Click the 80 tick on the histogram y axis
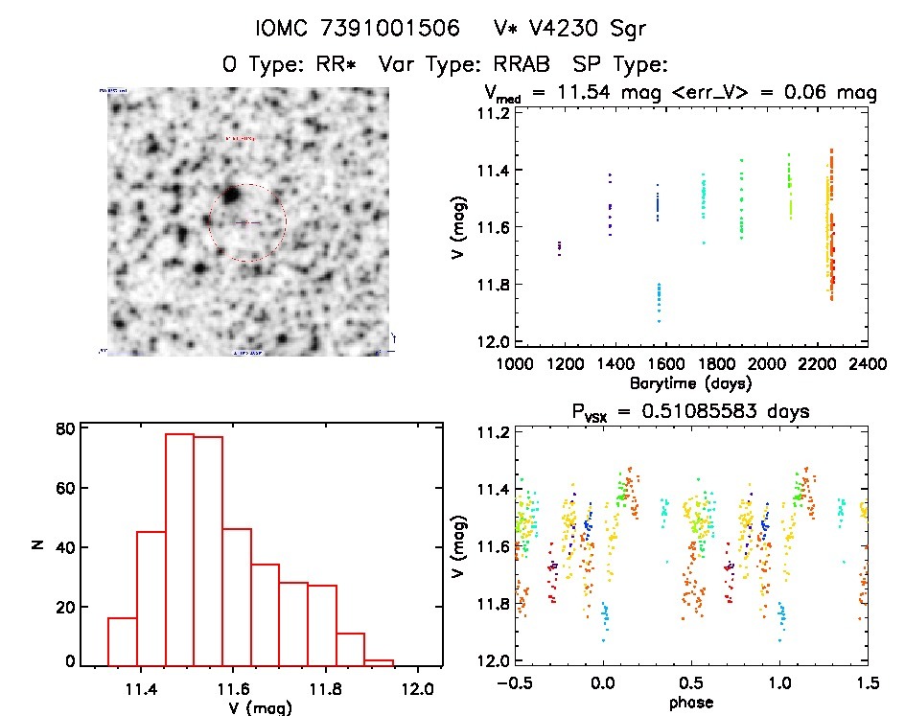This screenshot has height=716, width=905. [x=63, y=429]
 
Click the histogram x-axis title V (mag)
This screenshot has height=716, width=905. [x=262, y=707]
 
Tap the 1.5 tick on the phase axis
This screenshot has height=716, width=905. [x=868, y=684]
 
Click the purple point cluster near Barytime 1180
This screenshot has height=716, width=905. [x=559, y=248]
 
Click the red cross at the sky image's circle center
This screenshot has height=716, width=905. [x=246, y=222]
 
